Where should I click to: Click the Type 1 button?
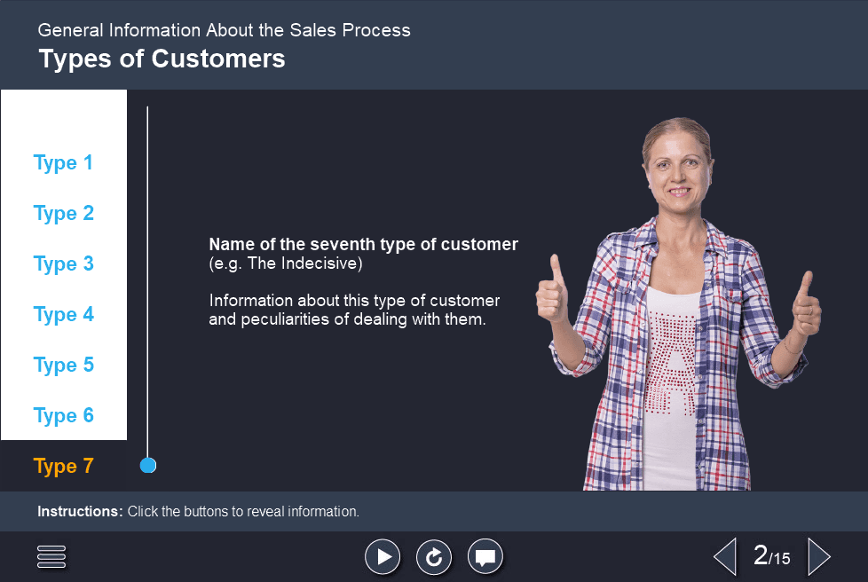63,162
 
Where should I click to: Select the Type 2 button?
64,214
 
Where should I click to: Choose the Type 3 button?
64,263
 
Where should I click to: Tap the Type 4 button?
64,315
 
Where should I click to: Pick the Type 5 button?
64,366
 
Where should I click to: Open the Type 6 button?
64,416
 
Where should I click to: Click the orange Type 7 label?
64,467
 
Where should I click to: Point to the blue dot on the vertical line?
148,465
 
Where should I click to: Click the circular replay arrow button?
434,556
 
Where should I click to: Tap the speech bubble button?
485,556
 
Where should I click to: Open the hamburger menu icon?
51,556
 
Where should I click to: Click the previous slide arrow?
725,556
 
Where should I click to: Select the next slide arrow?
819,556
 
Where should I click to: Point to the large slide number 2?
761,554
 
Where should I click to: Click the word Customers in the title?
218,59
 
